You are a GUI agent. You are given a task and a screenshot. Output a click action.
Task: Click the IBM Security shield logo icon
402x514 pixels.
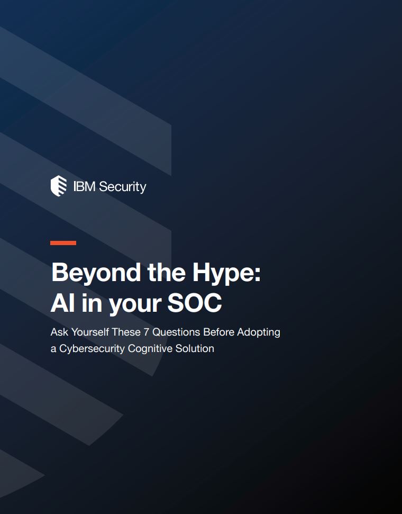click(x=59, y=186)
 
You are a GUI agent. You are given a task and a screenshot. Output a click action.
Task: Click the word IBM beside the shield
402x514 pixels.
click(x=84, y=186)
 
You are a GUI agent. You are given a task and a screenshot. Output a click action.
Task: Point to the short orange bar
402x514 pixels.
click(x=63, y=243)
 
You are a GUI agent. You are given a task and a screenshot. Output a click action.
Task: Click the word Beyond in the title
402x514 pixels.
click(x=96, y=273)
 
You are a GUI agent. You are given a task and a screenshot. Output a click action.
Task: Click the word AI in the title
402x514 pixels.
click(x=62, y=303)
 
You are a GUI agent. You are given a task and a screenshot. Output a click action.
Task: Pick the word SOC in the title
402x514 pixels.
click(x=195, y=303)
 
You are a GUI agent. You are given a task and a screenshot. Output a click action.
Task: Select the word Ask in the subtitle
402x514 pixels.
click(x=59, y=332)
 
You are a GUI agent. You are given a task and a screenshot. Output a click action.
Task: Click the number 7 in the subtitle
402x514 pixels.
click(x=147, y=332)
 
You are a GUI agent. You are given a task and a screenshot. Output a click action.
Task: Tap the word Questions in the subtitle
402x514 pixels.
click(x=176, y=332)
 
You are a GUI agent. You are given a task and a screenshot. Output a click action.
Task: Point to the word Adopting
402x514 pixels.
click(x=259, y=333)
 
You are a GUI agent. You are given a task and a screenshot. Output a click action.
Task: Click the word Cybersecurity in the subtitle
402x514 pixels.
click(x=92, y=349)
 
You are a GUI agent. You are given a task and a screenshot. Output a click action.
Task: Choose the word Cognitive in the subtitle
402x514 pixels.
click(x=150, y=349)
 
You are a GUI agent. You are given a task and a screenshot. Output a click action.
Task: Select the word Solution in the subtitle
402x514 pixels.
click(x=195, y=348)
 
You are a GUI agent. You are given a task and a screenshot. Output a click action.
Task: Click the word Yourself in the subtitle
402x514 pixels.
click(x=90, y=332)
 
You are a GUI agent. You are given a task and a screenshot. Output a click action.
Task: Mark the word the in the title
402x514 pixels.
click(x=167, y=273)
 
